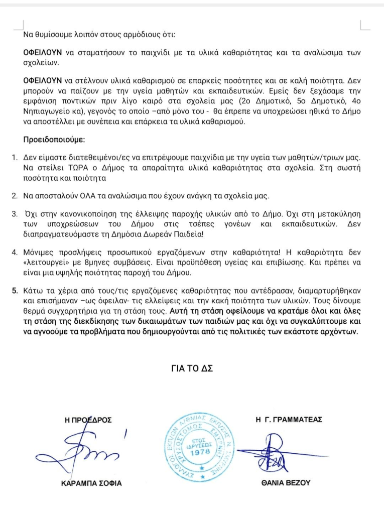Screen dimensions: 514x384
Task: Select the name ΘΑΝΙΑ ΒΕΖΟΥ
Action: pyautogui.click(x=287, y=483)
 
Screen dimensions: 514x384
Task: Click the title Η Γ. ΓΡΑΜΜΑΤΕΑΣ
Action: pyautogui.click(x=288, y=419)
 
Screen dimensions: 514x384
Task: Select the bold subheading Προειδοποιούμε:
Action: pyautogui.click(x=54, y=139)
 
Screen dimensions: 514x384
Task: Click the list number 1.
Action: pyautogui.click(x=16, y=158)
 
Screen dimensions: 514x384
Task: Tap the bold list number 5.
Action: pyautogui.click(x=16, y=291)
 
